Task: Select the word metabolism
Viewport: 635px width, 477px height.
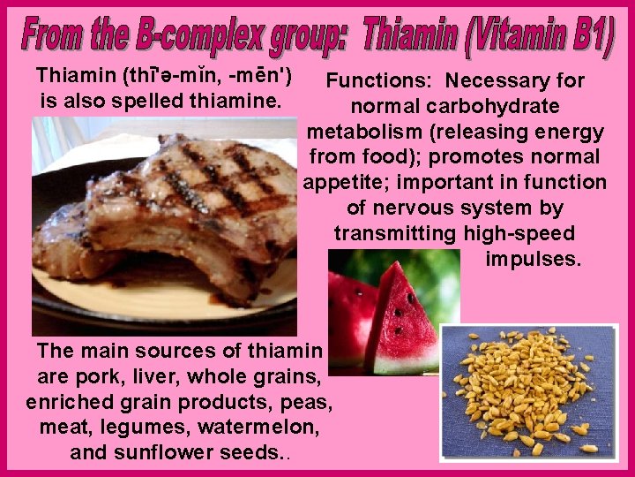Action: (x=361, y=132)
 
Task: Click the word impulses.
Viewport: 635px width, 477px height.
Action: (x=533, y=261)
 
